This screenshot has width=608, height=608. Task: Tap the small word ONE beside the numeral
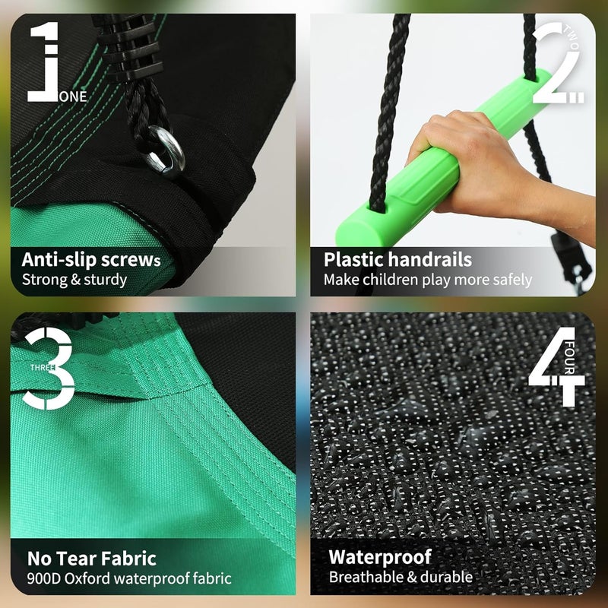click(73, 97)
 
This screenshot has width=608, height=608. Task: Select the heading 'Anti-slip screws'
click(91, 260)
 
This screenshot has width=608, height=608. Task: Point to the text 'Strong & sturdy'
click(74, 280)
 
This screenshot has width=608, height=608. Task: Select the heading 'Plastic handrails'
click(397, 259)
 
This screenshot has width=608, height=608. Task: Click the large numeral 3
click(49, 369)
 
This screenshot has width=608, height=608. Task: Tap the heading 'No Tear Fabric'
click(92, 559)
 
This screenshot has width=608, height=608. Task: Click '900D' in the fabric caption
click(44, 578)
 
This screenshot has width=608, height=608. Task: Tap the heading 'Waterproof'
click(380, 558)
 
